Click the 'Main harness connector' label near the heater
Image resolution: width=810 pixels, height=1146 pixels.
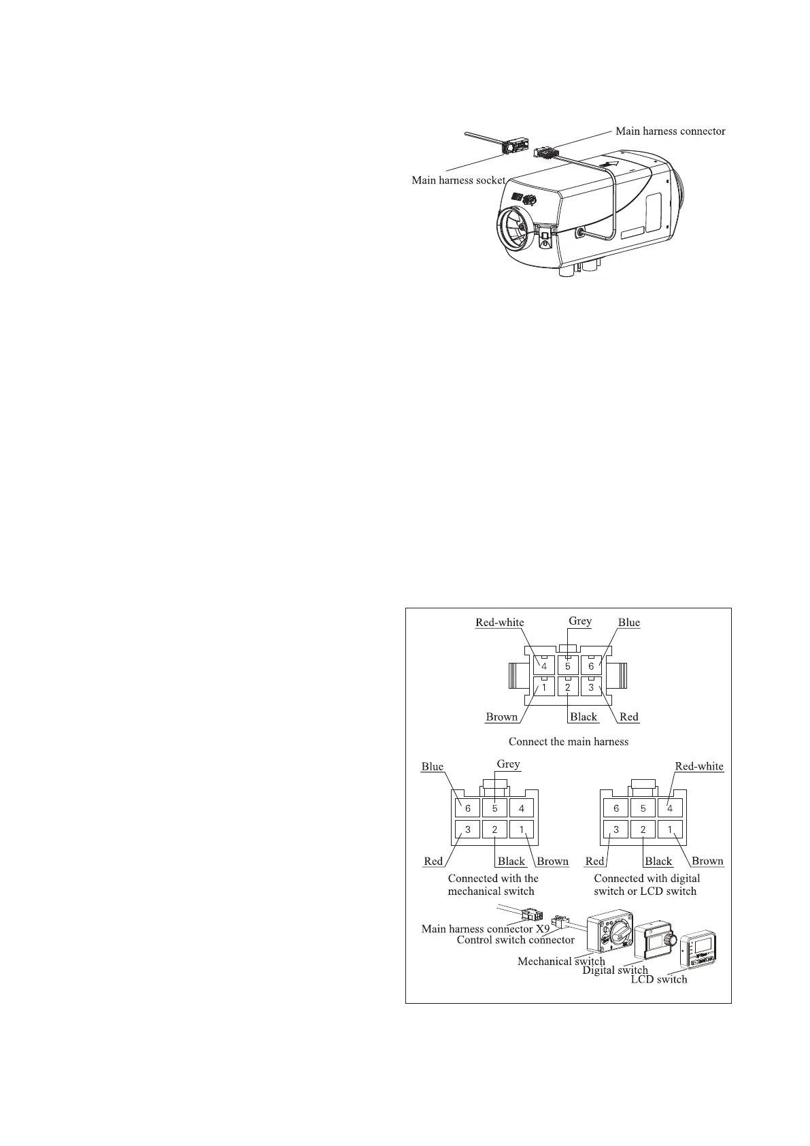point(670,131)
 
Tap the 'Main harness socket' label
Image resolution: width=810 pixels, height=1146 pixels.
point(458,180)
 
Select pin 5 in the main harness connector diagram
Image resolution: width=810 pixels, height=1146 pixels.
point(568,666)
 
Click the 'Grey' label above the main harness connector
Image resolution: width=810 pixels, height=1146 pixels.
point(580,621)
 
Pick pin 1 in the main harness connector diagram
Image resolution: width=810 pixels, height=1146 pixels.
point(544,687)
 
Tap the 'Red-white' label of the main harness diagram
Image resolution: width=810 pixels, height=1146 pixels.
point(499,622)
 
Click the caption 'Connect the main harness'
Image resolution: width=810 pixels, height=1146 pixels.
point(569,741)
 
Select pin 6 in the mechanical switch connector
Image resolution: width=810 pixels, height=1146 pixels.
point(468,808)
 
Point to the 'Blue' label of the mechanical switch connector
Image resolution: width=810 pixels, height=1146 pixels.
point(433,766)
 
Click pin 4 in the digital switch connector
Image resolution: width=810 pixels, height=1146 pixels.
point(670,808)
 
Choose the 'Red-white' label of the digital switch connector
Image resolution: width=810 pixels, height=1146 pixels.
point(699,766)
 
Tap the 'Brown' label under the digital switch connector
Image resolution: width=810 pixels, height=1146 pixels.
point(707,861)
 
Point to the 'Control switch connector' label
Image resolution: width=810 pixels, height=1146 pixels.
point(516,940)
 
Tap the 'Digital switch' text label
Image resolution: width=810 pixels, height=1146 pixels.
point(615,970)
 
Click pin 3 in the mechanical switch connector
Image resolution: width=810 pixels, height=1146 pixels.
point(468,830)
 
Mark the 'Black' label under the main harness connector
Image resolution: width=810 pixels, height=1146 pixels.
point(584,717)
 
